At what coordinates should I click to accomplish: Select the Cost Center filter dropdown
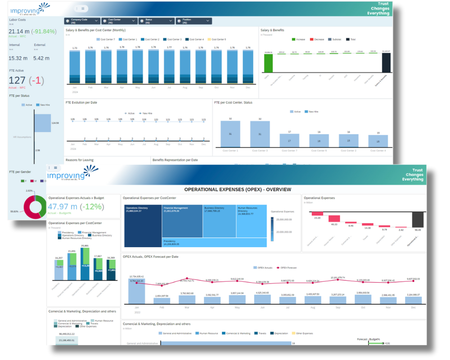pyautogui.click(x=119, y=21)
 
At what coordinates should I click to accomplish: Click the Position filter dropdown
pyautogui.click(x=193, y=21)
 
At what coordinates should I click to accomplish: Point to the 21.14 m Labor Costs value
pyautogui.click(x=18, y=31)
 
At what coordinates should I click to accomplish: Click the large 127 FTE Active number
pyautogui.click(x=18, y=81)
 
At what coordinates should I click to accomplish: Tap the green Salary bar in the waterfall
pyautogui.click(x=269, y=63)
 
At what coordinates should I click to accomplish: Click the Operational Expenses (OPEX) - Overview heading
pyautogui.click(x=238, y=189)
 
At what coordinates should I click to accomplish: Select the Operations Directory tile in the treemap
pyautogui.click(x=143, y=225)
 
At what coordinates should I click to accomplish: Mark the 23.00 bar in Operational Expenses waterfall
pyautogui.click(x=318, y=214)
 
